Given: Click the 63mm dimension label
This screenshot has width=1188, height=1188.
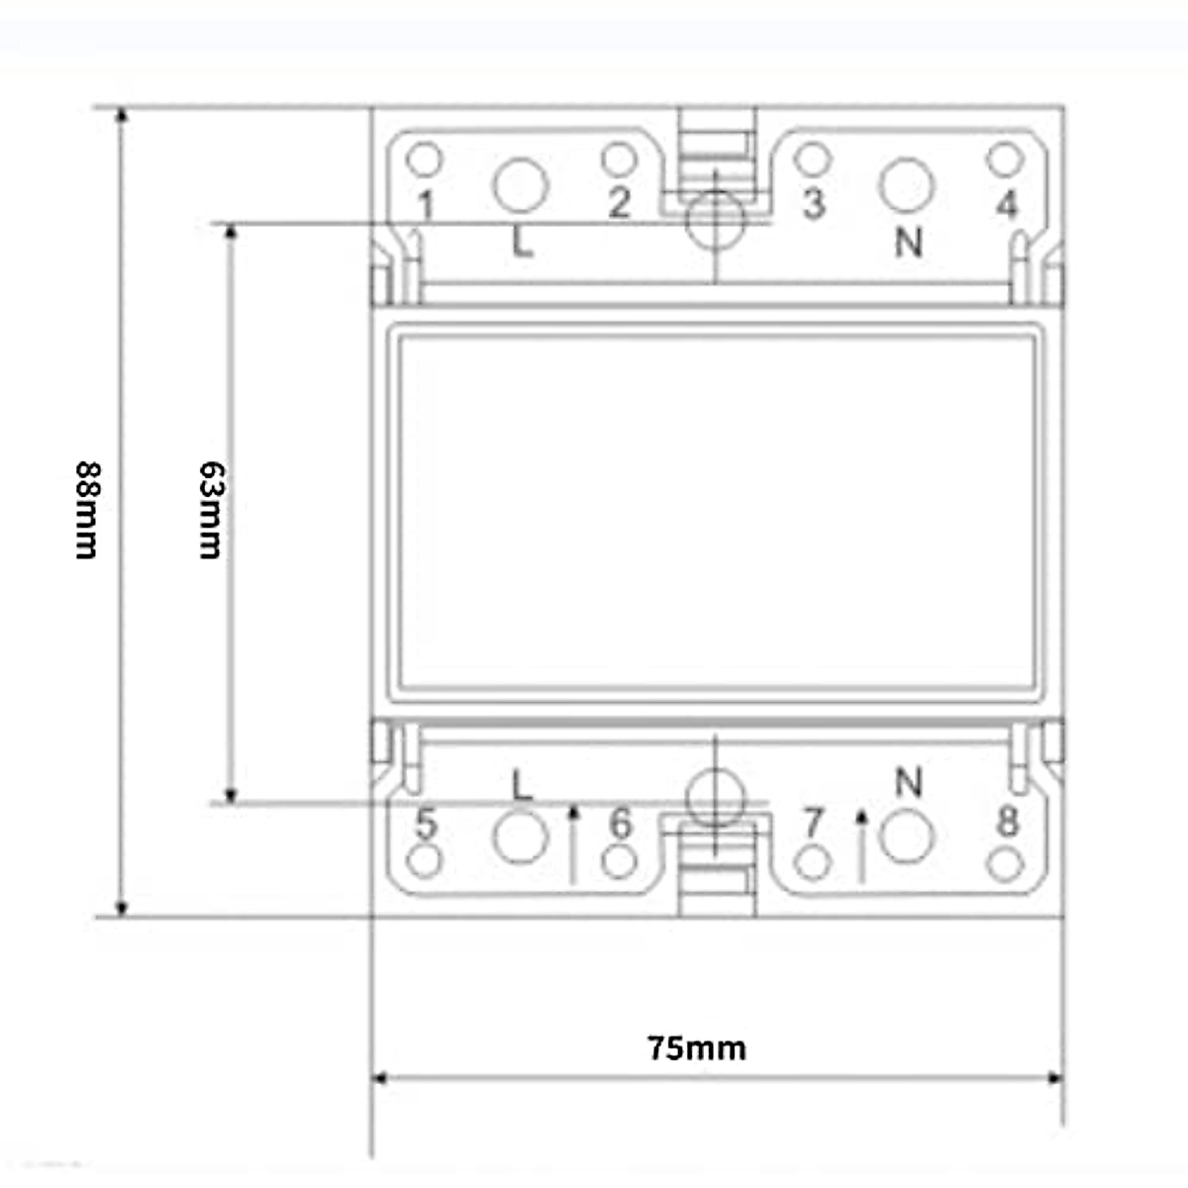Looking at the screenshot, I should click(x=210, y=510).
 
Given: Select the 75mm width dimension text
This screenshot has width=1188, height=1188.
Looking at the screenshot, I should click(x=697, y=1047).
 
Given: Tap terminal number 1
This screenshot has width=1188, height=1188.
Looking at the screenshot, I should click(x=426, y=206).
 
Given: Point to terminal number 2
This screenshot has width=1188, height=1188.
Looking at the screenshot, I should click(x=619, y=203).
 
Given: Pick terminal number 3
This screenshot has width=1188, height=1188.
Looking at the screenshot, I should click(x=813, y=203).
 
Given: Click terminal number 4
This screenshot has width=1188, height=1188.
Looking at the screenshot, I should click(x=1006, y=204).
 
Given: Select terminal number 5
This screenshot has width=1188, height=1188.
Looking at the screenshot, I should click(x=426, y=823).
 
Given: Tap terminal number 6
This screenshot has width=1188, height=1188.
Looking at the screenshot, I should click(x=620, y=823).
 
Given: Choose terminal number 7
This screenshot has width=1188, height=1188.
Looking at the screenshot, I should click(x=813, y=823).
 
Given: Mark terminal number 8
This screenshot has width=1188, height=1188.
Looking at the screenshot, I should click(x=1007, y=821).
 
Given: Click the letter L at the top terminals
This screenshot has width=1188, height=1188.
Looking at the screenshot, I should click(x=522, y=242).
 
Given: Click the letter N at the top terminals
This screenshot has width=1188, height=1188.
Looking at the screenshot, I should click(x=909, y=242).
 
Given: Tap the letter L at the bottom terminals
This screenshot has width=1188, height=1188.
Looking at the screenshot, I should click(x=522, y=785).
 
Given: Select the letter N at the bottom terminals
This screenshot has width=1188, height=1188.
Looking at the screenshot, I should click(x=909, y=782).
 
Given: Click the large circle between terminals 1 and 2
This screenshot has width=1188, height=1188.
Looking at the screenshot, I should click(x=521, y=184).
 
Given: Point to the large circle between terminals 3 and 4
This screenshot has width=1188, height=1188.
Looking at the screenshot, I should click(x=907, y=184).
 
